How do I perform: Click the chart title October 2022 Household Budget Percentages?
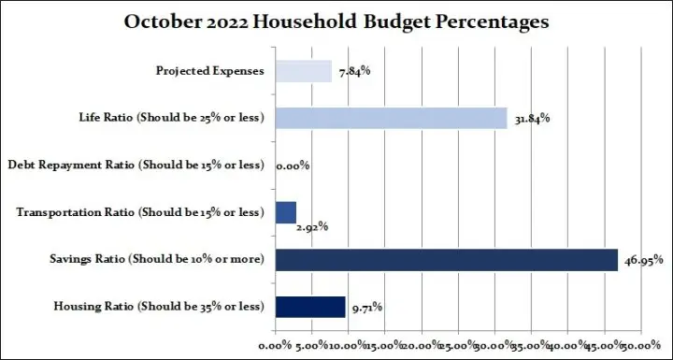[336, 21]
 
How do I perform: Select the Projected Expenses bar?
[303, 71]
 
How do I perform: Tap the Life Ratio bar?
[391, 118]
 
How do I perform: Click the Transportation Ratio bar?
[285, 211]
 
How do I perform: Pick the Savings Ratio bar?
[446, 259]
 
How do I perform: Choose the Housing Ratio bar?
[309, 306]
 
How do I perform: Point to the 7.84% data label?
[352, 72]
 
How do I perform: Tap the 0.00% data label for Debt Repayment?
[293, 166]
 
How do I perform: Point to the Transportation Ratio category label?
[141, 212]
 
